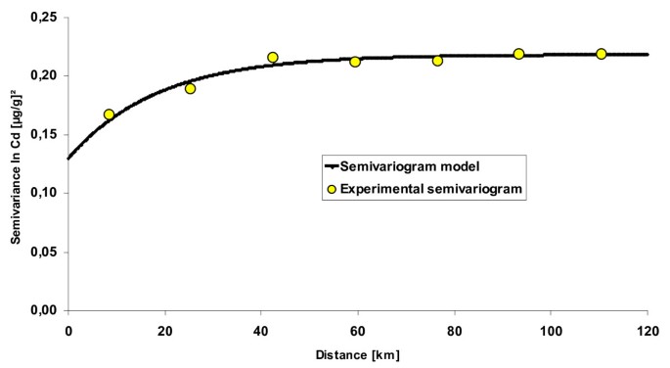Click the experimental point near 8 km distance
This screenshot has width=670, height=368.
pos(109,115)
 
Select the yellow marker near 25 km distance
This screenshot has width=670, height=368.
pos(191,88)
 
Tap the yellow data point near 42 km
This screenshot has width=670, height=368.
pos(273,58)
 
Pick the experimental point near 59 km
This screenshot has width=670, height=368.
pos(355,62)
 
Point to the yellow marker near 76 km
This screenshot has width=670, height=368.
pos(437,61)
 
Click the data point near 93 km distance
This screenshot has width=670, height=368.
pos(518,54)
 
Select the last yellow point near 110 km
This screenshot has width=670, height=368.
pos(601,54)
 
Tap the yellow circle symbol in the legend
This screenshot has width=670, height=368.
pos(334,190)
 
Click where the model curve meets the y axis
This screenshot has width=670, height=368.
pos(68,158)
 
